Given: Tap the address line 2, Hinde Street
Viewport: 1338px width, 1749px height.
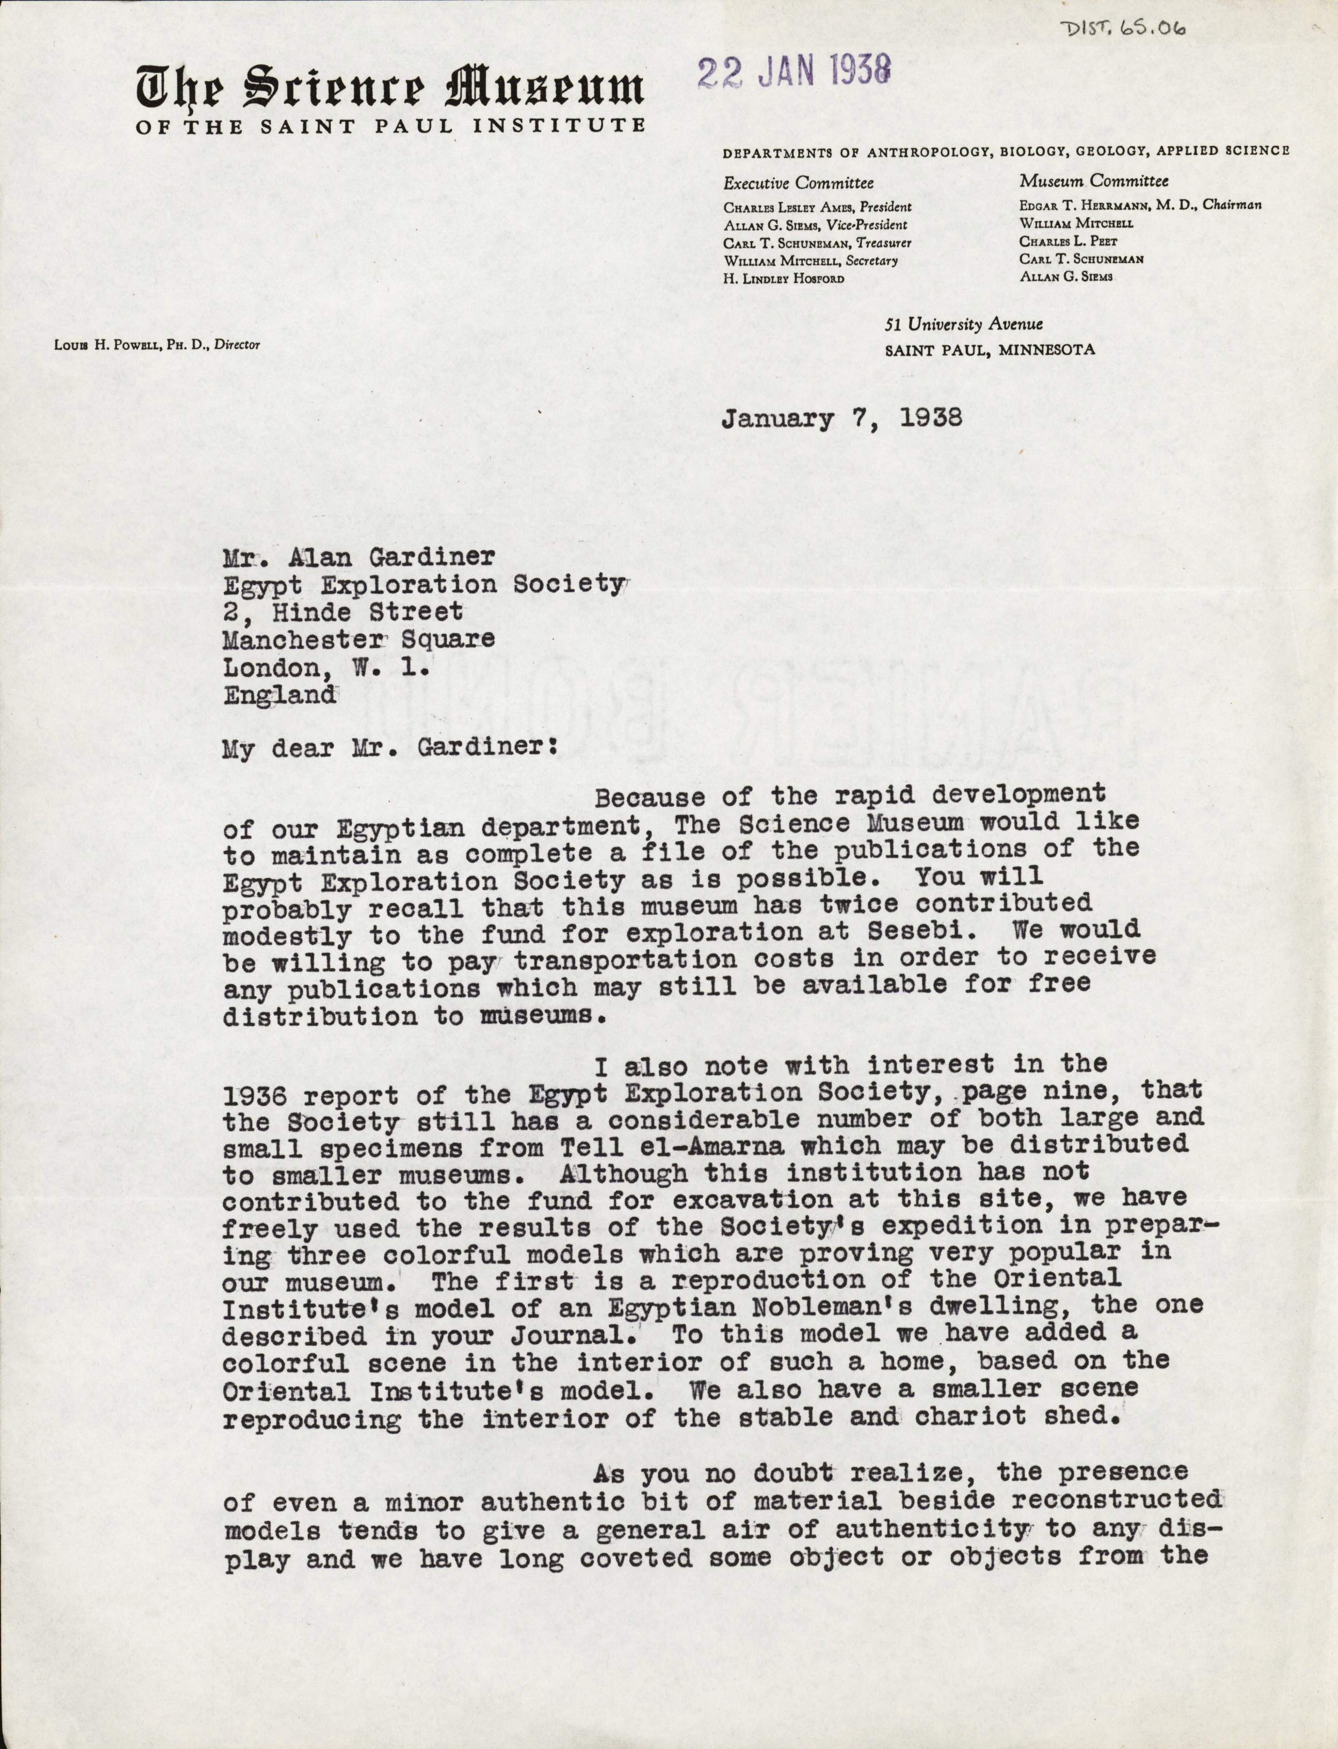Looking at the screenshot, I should [343, 611].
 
